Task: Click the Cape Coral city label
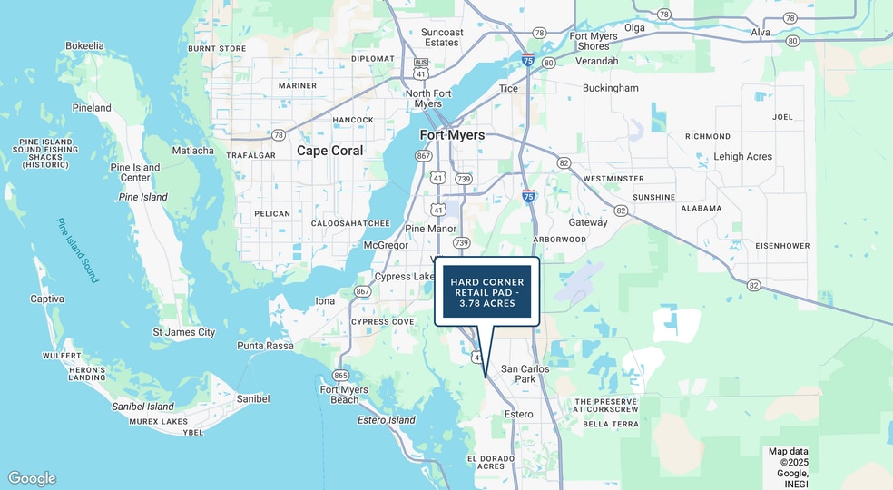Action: [x=330, y=151]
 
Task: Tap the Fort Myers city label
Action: [x=452, y=135]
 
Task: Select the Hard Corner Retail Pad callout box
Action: [x=486, y=291]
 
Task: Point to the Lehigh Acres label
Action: [x=742, y=156]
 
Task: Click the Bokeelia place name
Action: [x=84, y=45]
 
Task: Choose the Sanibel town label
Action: [x=252, y=398]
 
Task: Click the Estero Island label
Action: [x=387, y=420]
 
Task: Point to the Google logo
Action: [x=32, y=478]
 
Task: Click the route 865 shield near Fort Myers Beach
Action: [x=341, y=375]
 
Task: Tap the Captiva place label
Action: [x=47, y=299]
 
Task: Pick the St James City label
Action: [x=183, y=332]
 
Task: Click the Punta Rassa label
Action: [x=264, y=346]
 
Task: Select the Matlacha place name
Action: [x=192, y=151]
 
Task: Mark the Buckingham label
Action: [x=610, y=88]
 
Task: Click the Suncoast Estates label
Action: [x=442, y=37]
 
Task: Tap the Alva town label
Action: [x=761, y=33]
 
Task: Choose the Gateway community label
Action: [x=588, y=222]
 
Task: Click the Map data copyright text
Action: [x=788, y=462]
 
